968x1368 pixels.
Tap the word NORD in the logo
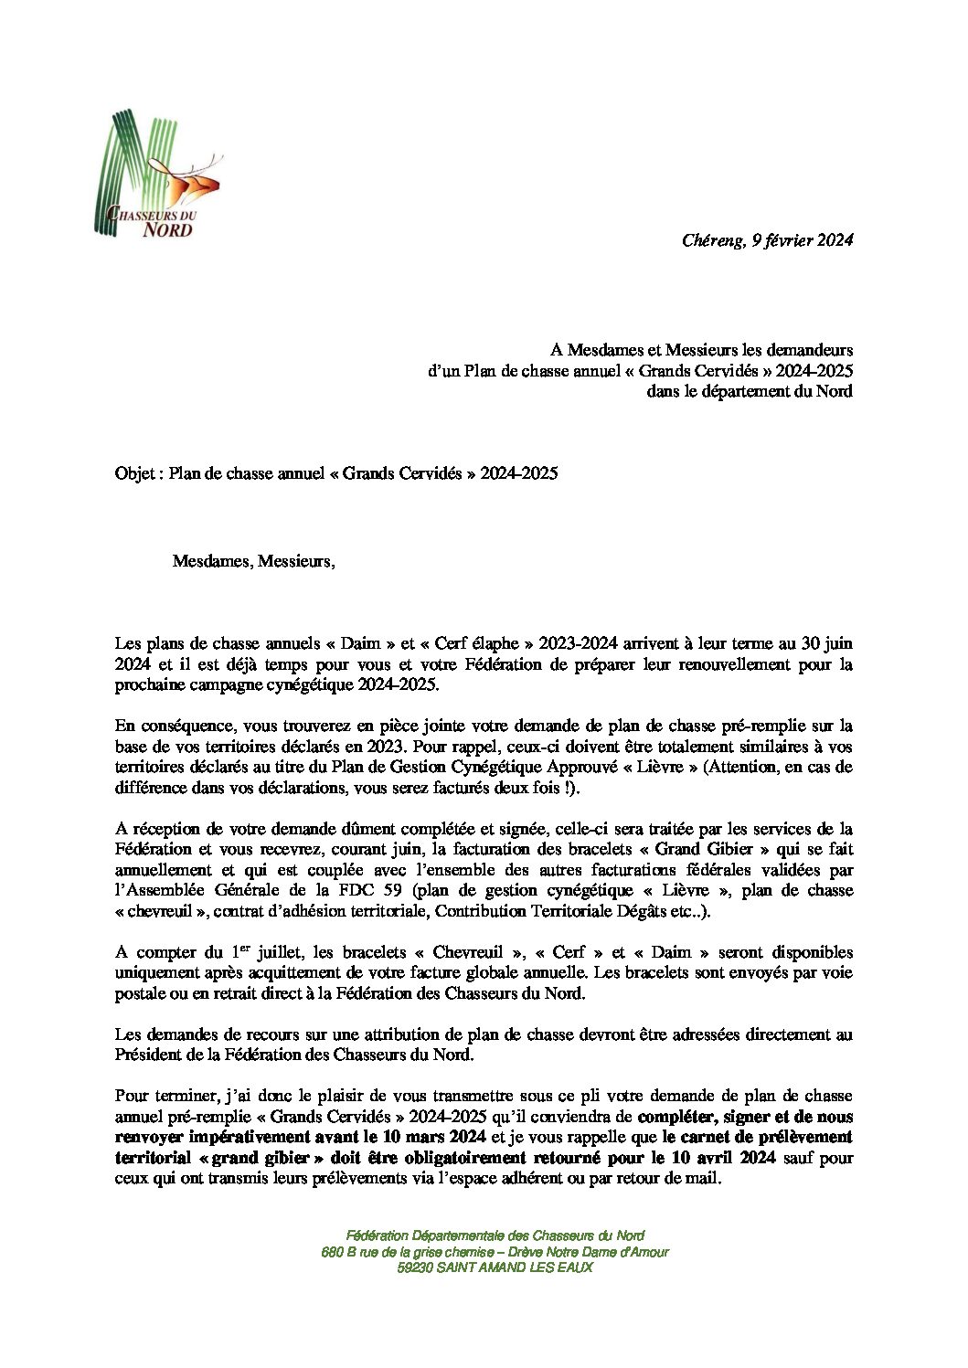pyautogui.click(x=168, y=229)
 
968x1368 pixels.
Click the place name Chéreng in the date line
pyautogui.click(x=712, y=241)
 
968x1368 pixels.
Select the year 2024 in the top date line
pyautogui.click(x=835, y=241)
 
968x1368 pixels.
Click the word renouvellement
pyautogui.click(x=701, y=664)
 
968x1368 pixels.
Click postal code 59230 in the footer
pyautogui.click(x=416, y=1268)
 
